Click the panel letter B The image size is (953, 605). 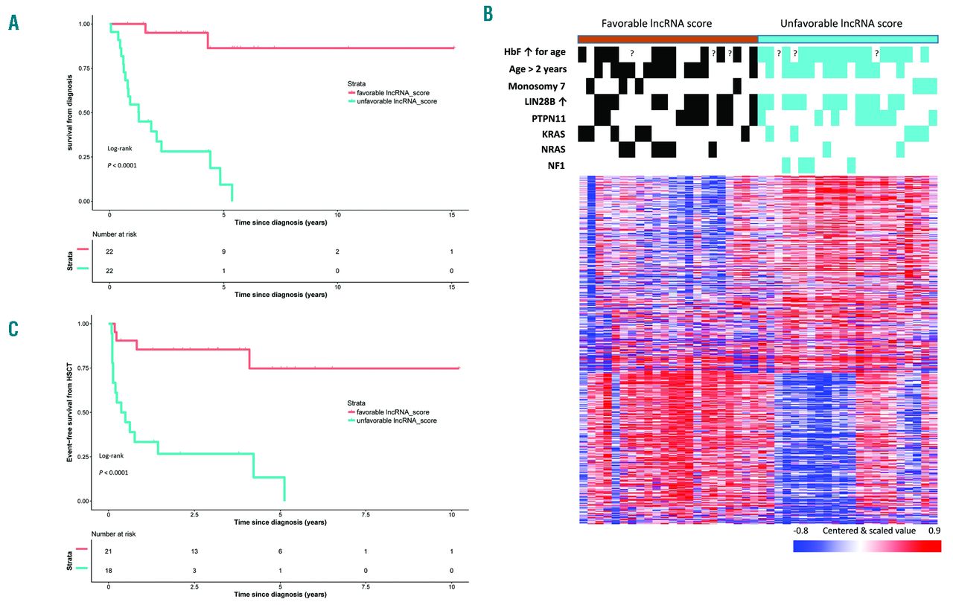point(488,13)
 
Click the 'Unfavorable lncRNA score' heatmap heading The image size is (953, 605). point(841,24)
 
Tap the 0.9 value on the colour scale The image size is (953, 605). point(934,531)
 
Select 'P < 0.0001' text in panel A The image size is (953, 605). point(121,165)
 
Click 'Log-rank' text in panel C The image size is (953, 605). point(111,455)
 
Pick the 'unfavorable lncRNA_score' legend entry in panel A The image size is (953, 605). point(392,100)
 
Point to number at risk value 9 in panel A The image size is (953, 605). point(223,252)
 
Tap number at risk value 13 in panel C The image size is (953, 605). point(194,551)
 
